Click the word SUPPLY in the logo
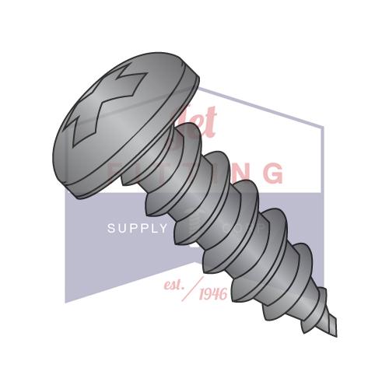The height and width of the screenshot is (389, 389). [137, 228]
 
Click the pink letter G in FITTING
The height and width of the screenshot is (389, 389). [272, 173]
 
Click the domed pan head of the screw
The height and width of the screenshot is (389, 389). [124, 86]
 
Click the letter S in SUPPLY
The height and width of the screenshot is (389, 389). [110, 228]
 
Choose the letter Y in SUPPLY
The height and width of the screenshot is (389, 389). [163, 228]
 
